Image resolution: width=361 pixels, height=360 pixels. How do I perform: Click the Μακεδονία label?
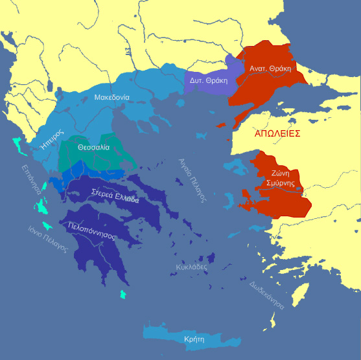(x=111, y=97)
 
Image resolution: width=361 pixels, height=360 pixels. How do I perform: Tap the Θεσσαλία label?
(x=92, y=147)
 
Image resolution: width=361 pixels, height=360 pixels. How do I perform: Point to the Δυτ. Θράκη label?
(x=204, y=80)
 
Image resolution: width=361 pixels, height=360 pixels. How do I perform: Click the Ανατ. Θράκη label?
(x=271, y=68)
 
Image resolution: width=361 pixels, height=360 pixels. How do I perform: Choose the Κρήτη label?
(x=193, y=339)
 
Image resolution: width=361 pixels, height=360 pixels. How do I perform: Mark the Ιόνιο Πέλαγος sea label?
(x=47, y=238)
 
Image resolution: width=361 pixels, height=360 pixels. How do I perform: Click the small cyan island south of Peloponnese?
(x=123, y=295)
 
